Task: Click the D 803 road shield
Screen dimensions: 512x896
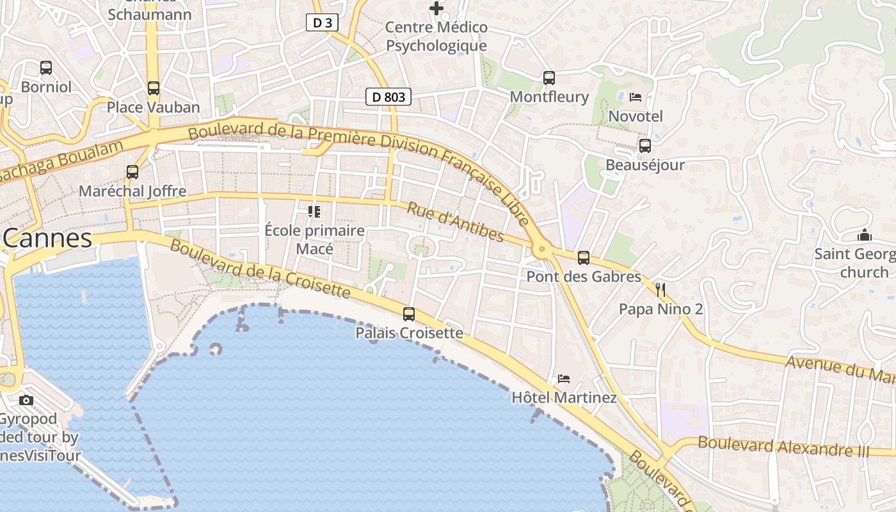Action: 388,97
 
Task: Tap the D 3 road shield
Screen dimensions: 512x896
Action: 322,23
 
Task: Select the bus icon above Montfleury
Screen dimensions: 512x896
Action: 549,78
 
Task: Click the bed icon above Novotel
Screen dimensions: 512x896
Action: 636,97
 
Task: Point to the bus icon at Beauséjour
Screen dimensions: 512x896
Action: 645,146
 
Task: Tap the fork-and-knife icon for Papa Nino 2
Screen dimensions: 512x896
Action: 660,290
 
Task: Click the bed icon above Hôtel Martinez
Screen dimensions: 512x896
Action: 564,379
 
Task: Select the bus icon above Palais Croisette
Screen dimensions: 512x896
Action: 409,314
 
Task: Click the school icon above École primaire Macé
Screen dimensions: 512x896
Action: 314,211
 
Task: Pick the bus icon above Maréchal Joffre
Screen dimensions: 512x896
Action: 132,172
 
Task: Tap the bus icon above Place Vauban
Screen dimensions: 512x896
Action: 154,88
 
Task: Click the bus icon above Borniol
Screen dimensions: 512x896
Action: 46,67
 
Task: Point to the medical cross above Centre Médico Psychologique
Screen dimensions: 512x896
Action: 436,8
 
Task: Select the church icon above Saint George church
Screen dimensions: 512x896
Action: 865,235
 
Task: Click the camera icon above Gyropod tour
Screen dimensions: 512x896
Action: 26,400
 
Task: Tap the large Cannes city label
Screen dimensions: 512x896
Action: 47,239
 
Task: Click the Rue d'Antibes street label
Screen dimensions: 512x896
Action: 456,223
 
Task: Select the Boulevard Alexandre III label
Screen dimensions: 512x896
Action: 784,446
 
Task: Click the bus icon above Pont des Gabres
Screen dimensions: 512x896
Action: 584,258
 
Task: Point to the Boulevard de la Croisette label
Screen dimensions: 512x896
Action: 260,269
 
